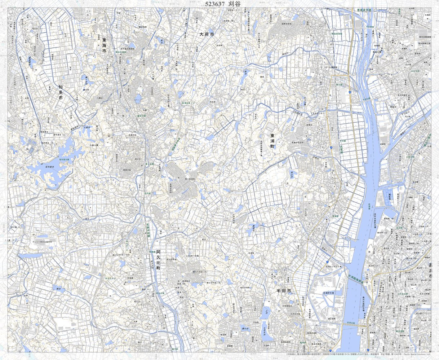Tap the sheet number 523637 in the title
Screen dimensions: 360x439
[215, 4]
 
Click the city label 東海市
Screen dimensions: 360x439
[104, 45]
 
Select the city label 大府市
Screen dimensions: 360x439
[207, 34]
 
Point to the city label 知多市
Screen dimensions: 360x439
[61, 92]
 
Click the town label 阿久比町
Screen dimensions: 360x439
[158, 262]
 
